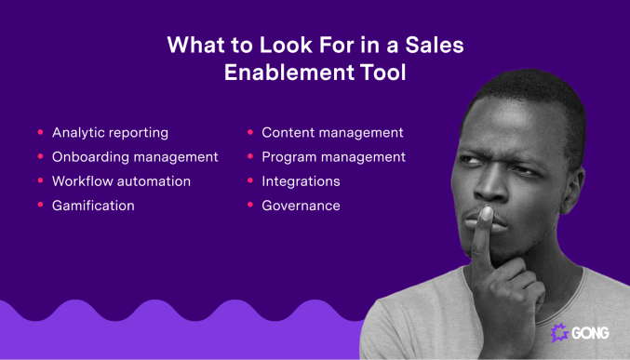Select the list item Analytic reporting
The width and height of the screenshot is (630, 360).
click(110, 133)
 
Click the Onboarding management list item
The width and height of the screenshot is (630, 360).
click(135, 157)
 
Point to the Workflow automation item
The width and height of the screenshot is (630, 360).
click(121, 181)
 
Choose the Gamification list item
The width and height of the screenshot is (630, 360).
click(93, 206)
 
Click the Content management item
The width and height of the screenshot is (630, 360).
click(332, 133)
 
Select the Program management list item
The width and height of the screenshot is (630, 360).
click(333, 157)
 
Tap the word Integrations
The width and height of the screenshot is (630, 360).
click(301, 181)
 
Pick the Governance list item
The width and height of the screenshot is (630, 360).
click(301, 206)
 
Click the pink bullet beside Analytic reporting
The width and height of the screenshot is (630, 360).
click(40, 133)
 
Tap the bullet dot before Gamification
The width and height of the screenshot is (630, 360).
click(40, 206)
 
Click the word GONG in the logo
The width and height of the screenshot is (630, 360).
click(591, 333)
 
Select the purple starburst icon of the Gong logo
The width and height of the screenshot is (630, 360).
click(559, 333)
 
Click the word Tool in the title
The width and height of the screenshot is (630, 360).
click(382, 73)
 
